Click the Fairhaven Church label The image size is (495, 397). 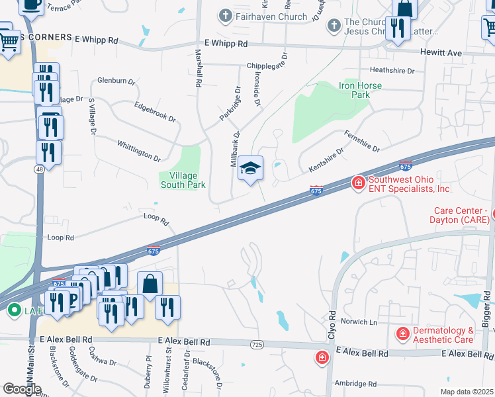272,17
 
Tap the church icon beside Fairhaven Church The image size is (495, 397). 226,16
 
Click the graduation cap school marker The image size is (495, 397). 251,169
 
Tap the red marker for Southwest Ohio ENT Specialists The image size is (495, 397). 358,182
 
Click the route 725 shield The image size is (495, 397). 257,345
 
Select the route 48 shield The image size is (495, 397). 39,170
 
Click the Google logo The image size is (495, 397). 22,388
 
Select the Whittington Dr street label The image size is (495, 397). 139,151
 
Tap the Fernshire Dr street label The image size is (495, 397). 362,140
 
